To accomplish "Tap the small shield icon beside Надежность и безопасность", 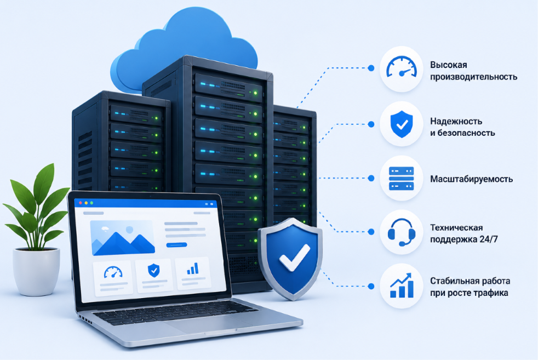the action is pos(402,124).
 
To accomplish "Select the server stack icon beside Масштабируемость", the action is pos(402,179).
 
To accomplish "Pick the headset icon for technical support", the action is pos(402,232).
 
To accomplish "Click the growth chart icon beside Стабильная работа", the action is pos(402,285).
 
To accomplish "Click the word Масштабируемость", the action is pos(472,179).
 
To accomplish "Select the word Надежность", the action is pos(456,121).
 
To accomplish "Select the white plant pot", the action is pos(36,271).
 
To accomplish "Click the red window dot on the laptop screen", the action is pos(81,203).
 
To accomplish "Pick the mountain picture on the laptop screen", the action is pos(123,238).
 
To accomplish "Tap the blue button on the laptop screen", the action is pos(176,245).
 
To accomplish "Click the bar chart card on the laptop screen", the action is pos(192,273).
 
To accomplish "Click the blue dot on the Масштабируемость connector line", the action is pos(371,178).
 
